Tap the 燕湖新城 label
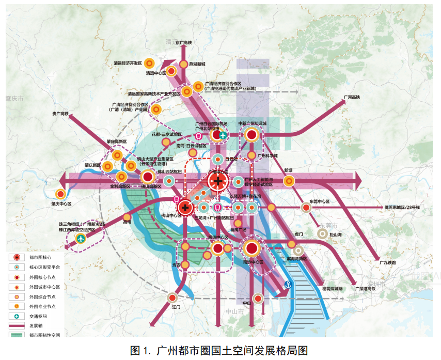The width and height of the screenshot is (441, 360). coord(197,64)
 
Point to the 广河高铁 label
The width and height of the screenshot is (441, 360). coord(351,97)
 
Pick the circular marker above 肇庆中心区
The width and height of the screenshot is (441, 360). coord(61,194)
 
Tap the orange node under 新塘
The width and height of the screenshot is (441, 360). coord(289,180)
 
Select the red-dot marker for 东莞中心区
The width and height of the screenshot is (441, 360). coord(306,207)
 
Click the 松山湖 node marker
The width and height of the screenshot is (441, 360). coord(322,234)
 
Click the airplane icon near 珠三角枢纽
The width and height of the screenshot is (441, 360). coord(81,239)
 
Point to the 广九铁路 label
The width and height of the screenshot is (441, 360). coord(387,262)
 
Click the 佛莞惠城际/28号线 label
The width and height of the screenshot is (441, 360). coord(402,207)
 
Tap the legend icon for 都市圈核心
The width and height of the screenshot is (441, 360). coord(17,257)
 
